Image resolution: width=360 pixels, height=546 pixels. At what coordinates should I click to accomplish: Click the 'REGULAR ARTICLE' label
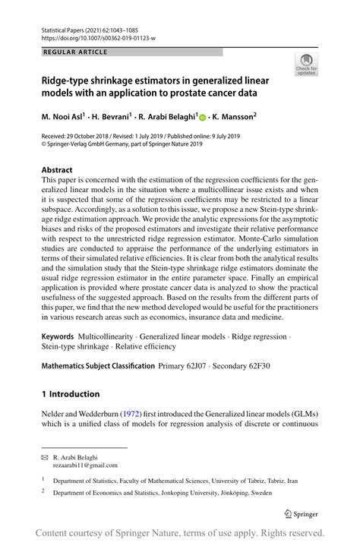75,52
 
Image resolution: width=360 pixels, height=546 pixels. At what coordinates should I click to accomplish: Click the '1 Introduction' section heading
71,393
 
